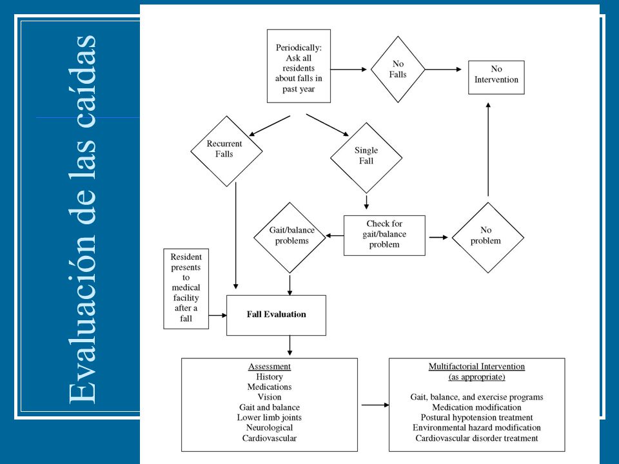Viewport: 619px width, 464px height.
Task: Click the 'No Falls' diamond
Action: [x=398, y=70]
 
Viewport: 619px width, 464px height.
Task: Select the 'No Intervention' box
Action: [x=496, y=77]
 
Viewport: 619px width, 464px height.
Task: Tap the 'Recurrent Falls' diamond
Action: [x=226, y=151]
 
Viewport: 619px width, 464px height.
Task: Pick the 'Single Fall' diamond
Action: [x=366, y=158]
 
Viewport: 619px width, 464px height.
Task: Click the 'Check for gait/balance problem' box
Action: [x=384, y=236]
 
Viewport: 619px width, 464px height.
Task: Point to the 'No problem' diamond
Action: [x=488, y=238]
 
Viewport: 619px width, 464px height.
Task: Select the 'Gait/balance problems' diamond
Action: [x=290, y=238]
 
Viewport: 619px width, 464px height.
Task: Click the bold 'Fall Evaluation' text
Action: [x=277, y=314]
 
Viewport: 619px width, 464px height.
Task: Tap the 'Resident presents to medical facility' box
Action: [x=186, y=289]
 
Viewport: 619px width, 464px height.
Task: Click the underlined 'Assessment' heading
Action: [x=270, y=367]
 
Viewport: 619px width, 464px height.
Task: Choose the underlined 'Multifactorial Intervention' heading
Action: [x=477, y=367]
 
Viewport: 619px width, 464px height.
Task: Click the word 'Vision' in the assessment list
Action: [x=270, y=397]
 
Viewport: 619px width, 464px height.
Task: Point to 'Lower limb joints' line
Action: [x=270, y=418]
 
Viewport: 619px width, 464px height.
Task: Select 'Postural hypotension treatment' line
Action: [x=477, y=418]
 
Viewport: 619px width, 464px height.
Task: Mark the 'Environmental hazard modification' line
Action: [x=477, y=428]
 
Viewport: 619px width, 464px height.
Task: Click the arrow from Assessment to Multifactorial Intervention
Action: [x=375, y=405]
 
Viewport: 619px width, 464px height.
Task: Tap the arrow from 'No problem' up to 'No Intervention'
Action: [x=488, y=149]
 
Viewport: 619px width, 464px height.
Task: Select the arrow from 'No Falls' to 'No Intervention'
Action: [x=443, y=70]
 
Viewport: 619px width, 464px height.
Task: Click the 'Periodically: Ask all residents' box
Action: [x=299, y=66]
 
